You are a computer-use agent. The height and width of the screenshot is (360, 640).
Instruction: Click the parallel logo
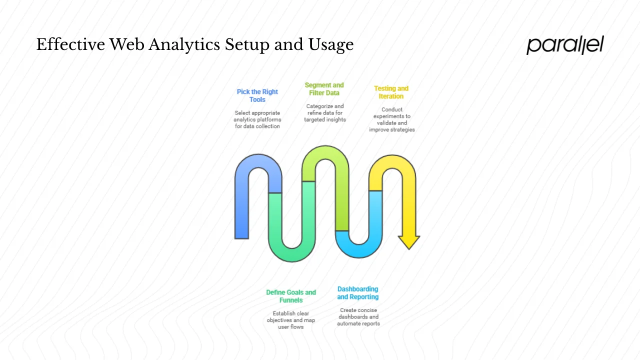[565, 45]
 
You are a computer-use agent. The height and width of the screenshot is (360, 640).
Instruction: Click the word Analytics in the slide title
[184, 45]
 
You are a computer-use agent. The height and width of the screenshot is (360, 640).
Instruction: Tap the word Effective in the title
[70, 45]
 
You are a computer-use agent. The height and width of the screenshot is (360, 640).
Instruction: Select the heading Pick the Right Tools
[257, 95]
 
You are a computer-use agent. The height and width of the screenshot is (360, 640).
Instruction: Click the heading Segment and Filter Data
[324, 89]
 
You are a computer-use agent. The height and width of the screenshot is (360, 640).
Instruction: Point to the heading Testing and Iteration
[391, 92]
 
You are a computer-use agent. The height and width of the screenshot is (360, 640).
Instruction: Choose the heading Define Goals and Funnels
[291, 296]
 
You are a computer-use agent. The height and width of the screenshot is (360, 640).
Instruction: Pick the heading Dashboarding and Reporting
[357, 293]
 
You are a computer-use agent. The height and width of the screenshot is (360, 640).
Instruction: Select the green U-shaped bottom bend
[292, 252]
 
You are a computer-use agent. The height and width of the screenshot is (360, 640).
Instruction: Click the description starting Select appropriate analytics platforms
[257, 120]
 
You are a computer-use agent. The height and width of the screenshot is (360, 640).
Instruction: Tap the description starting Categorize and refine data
[325, 113]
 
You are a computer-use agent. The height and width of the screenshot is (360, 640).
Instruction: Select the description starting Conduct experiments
[392, 120]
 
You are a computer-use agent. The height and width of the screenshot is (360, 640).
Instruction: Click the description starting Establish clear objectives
[291, 320]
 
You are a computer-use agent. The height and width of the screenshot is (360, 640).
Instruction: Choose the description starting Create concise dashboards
[358, 317]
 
